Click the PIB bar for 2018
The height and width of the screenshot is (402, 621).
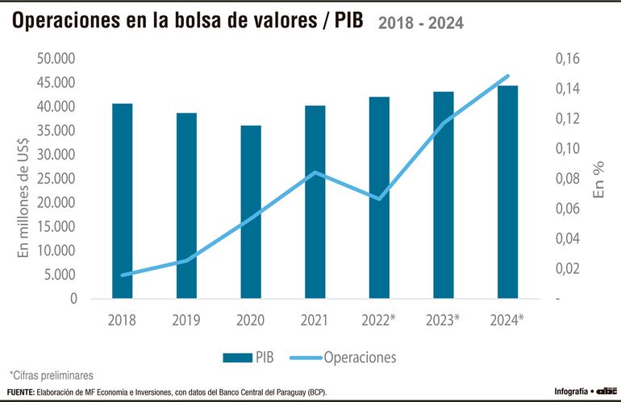(123, 201)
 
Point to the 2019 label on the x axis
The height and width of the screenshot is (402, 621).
(186, 320)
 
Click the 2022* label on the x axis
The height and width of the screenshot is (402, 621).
(380, 320)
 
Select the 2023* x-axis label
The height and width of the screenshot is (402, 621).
(443, 320)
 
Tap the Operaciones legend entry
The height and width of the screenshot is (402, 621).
(348, 356)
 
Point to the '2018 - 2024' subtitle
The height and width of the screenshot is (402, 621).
(420, 23)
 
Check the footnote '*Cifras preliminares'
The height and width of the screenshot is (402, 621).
(52, 375)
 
